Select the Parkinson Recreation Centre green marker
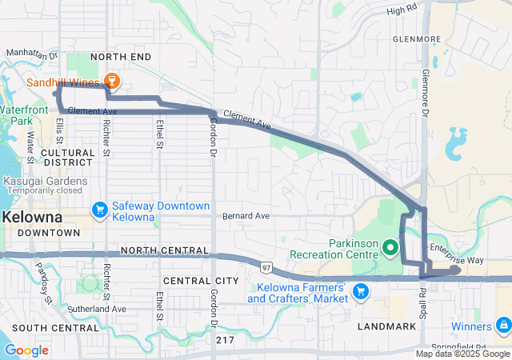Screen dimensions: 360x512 [390, 248]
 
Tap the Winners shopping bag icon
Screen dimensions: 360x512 [503, 326]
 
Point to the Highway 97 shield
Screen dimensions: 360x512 [265, 264]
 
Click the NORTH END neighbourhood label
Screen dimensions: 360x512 [120, 58]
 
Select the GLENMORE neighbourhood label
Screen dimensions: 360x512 [417, 38]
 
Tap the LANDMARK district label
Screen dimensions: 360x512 [388, 326]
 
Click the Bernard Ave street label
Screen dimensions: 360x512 [246, 216]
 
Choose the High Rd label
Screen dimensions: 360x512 [402, 10]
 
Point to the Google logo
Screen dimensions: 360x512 [27, 350]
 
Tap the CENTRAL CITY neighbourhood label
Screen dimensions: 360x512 [200, 281]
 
